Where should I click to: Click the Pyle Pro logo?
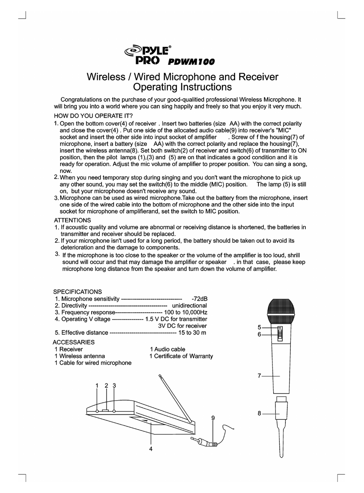click(x=148, y=54)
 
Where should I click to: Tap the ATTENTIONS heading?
click(x=72, y=220)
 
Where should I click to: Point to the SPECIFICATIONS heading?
click(x=77, y=292)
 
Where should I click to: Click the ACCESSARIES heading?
click(x=74, y=342)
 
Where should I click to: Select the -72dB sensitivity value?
click(x=199, y=299)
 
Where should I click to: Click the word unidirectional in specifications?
click(x=187, y=305)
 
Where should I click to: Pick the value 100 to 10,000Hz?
click(x=185, y=312)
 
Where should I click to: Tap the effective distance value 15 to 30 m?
click(x=192, y=332)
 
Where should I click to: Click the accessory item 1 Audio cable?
click(x=167, y=349)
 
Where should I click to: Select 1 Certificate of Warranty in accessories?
click(x=181, y=356)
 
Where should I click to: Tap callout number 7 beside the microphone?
click(x=259, y=376)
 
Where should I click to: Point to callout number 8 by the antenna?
click(x=259, y=413)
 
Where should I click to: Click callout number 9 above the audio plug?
click(x=213, y=418)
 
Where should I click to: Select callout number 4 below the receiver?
click(x=151, y=449)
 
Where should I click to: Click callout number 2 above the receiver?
click(x=107, y=385)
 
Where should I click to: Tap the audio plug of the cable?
click(x=205, y=443)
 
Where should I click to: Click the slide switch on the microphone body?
click(x=280, y=334)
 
